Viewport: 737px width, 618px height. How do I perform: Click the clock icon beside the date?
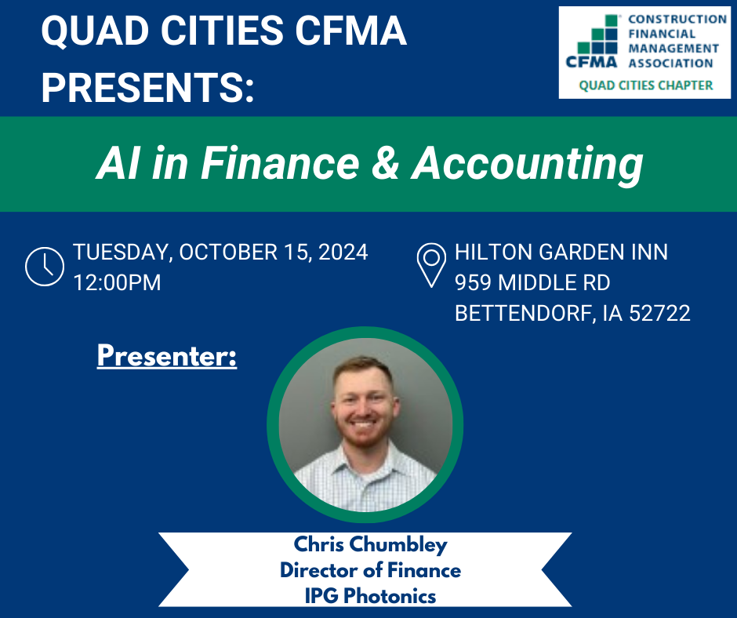[x=45, y=266]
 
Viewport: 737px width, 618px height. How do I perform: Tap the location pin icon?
[x=431, y=265]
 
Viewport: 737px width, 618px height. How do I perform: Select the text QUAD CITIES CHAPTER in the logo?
[x=646, y=85]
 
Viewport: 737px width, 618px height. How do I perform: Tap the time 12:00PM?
[x=117, y=282]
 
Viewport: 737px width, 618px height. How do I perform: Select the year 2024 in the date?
[x=343, y=252]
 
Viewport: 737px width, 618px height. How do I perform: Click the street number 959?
[x=473, y=282]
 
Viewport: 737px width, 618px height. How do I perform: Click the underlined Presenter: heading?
[x=167, y=356]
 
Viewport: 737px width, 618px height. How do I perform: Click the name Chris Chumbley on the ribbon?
[x=370, y=544]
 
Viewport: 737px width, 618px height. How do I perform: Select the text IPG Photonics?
[x=370, y=596]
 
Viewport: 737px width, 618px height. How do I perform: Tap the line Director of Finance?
[x=370, y=570]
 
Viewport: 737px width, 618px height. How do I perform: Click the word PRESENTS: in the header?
[x=147, y=88]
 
